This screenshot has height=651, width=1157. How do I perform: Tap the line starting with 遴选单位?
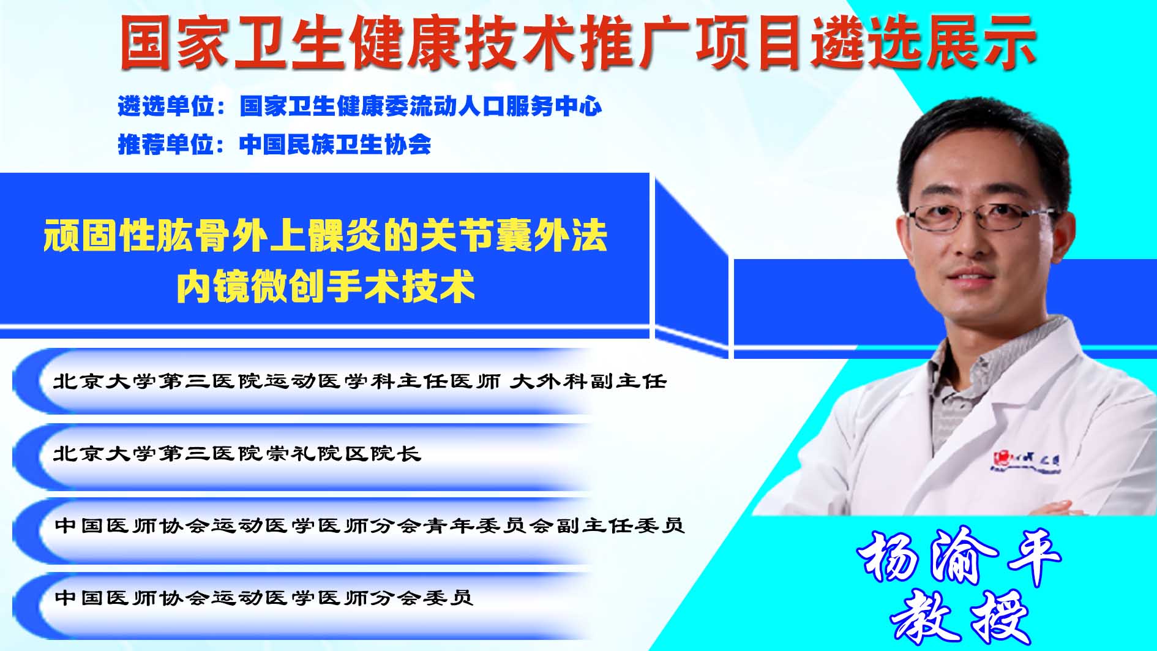point(360,107)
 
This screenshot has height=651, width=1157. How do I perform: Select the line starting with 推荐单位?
point(274,145)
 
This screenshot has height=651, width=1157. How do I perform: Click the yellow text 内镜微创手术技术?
point(326,286)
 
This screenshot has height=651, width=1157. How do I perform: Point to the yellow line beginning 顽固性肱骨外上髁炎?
point(325,236)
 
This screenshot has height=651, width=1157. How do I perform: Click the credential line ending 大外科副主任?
point(359,382)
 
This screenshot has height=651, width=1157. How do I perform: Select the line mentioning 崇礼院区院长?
point(237,453)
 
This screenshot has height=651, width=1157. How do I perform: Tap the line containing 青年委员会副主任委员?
point(369,525)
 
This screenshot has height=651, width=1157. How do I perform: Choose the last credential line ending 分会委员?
point(264,597)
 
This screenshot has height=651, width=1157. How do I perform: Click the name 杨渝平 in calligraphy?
point(959,557)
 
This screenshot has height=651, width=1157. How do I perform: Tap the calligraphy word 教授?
point(959,616)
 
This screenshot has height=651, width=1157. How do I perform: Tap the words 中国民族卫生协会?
point(335,145)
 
